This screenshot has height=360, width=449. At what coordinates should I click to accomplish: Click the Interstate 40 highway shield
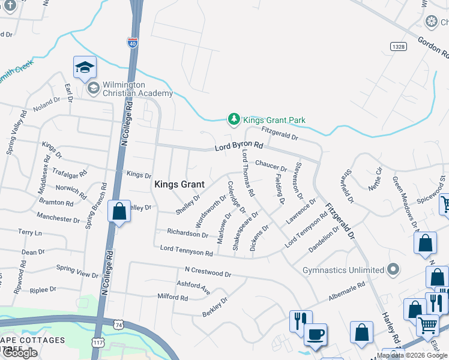pos(132,43)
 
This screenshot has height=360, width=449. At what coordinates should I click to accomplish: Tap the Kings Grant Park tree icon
pos(234,120)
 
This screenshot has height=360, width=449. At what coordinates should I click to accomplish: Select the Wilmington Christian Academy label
pos(129,89)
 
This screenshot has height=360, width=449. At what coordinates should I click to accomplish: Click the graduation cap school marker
pos(85,67)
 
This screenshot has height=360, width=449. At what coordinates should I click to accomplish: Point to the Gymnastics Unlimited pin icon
pos(393,270)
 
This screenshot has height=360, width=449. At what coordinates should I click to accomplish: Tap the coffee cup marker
pos(315,334)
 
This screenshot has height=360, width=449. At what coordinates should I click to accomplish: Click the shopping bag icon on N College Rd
pos(119,211)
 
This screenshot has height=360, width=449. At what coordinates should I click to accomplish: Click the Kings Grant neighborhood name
pos(179,185)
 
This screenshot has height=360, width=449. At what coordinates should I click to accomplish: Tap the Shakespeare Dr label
pos(246,230)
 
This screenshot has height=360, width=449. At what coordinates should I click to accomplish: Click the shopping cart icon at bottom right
pos(427,325)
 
